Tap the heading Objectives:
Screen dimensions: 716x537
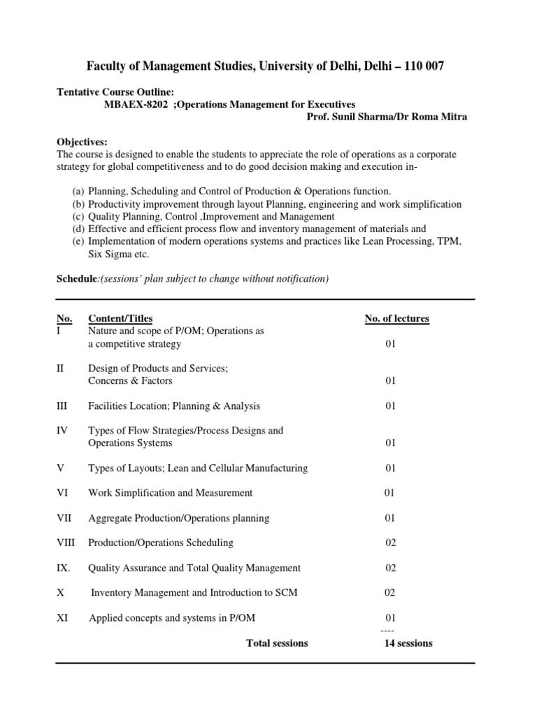pyautogui.click(x=83, y=141)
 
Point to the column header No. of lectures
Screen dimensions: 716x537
pyautogui.click(x=396, y=319)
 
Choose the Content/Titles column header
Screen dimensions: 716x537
pyautogui.click(x=120, y=319)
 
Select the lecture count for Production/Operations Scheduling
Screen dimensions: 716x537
pyautogui.click(x=391, y=543)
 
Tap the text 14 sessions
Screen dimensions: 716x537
pyautogui.click(x=408, y=643)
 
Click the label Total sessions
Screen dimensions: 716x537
pyautogui.click(x=277, y=643)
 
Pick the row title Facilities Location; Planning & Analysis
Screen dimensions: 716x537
pyautogui.click(x=174, y=406)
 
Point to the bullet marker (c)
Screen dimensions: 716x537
pyautogui.click(x=78, y=217)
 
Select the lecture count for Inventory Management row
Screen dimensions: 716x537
pyautogui.click(x=390, y=593)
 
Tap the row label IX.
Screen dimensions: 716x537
pyautogui.click(x=64, y=568)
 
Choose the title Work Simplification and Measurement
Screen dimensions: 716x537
pyautogui.click(x=171, y=493)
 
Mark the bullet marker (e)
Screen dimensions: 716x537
pyautogui.click(x=78, y=242)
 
